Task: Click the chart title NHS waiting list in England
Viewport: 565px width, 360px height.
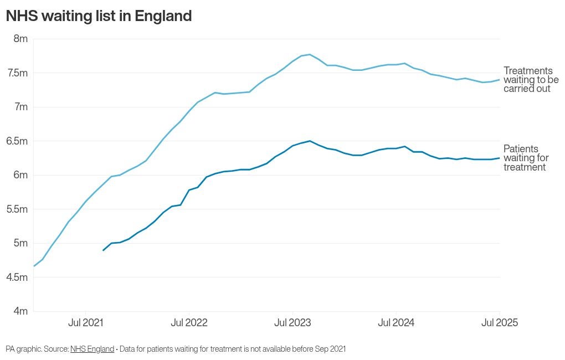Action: [99, 16]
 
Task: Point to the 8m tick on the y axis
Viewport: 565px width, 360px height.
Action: [20, 39]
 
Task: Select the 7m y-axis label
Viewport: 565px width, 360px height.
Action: [20, 107]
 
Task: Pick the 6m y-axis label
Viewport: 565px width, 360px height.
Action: [20, 175]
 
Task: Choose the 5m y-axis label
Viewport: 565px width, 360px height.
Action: [20, 243]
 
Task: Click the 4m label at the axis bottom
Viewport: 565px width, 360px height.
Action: [20, 311]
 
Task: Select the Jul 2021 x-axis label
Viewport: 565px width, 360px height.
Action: [85, 323]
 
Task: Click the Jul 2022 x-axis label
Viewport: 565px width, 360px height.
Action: [189, 323]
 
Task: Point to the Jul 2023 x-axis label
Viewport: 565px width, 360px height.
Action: [292, 323]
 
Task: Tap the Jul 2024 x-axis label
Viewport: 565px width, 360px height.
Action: [396, 323]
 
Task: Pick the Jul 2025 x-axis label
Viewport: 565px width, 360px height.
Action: [500, 323]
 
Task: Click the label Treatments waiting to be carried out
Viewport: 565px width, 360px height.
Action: [531, 80]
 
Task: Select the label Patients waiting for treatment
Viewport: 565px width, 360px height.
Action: [526, 158]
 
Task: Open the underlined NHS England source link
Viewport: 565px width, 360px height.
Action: [92, 349]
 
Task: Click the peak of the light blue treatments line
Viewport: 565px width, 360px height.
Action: [310, 54]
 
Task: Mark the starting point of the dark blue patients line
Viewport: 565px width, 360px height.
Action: [104, 250]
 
